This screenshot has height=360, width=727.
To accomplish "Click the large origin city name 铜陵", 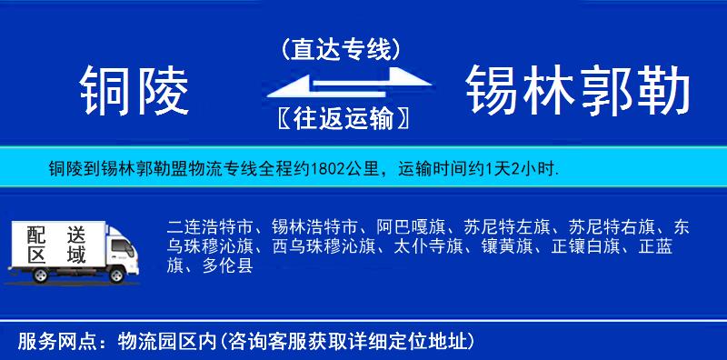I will pos(134,91).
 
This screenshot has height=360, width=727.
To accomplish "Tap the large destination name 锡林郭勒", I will pos(578,91).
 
